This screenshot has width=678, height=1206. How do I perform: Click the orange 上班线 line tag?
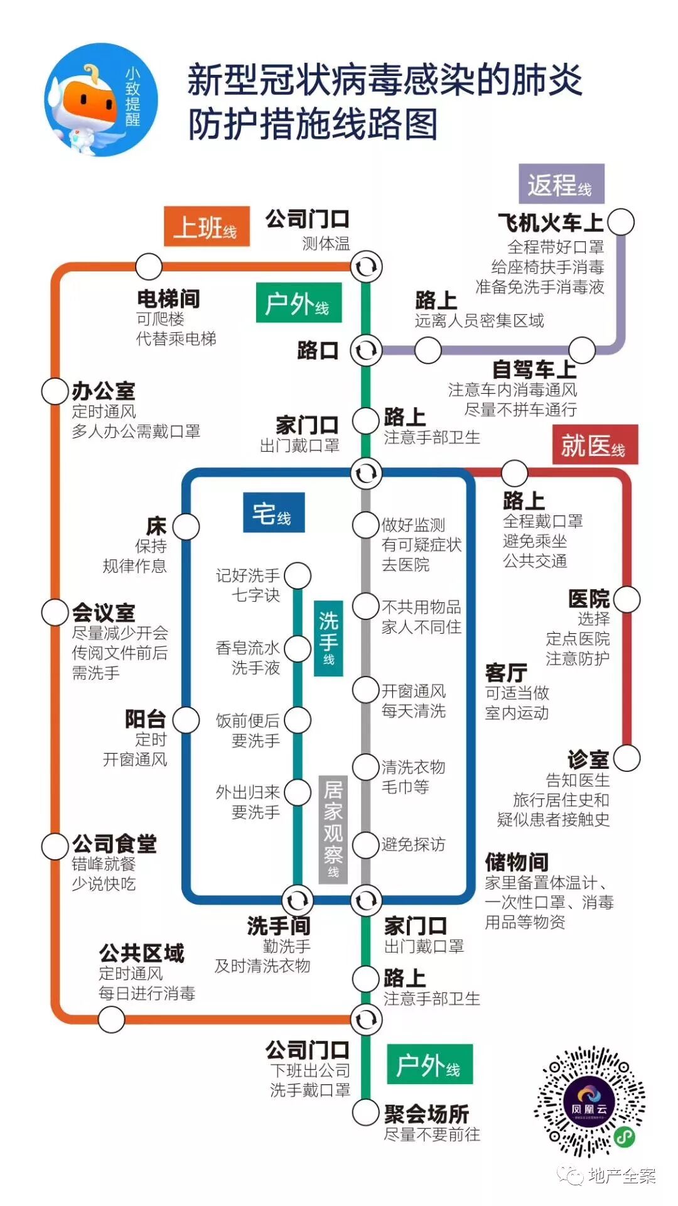(x=207, y=226)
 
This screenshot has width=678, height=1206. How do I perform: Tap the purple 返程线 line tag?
(x=561, y=184)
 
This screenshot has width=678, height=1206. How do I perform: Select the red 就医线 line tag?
(x=594, y=445)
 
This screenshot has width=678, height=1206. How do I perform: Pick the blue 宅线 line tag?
(x=273, y=513)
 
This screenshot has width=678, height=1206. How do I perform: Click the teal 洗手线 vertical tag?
(x=328, y=638)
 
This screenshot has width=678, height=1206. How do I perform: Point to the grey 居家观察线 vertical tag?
(x=333, y=830)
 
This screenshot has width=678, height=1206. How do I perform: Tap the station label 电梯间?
(x=168, y=299)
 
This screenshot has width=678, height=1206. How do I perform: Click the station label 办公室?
(x=104, y=391)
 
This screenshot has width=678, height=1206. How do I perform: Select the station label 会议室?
(x=104, y=612)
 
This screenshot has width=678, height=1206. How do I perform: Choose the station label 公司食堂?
(x=114, y=844)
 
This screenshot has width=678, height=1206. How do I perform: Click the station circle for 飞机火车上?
(x=621, y=222)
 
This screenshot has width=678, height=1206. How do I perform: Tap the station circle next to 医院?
(x=627, y=599)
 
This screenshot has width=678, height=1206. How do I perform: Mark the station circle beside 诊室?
(x=627, y=758)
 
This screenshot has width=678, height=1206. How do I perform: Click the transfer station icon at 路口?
(x=365, y=350)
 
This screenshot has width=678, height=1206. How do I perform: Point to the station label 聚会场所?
(x=427, y=1114)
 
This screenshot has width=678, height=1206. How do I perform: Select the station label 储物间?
(x=517, y=862)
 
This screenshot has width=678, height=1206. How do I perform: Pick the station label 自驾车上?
(x=534, y=370)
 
